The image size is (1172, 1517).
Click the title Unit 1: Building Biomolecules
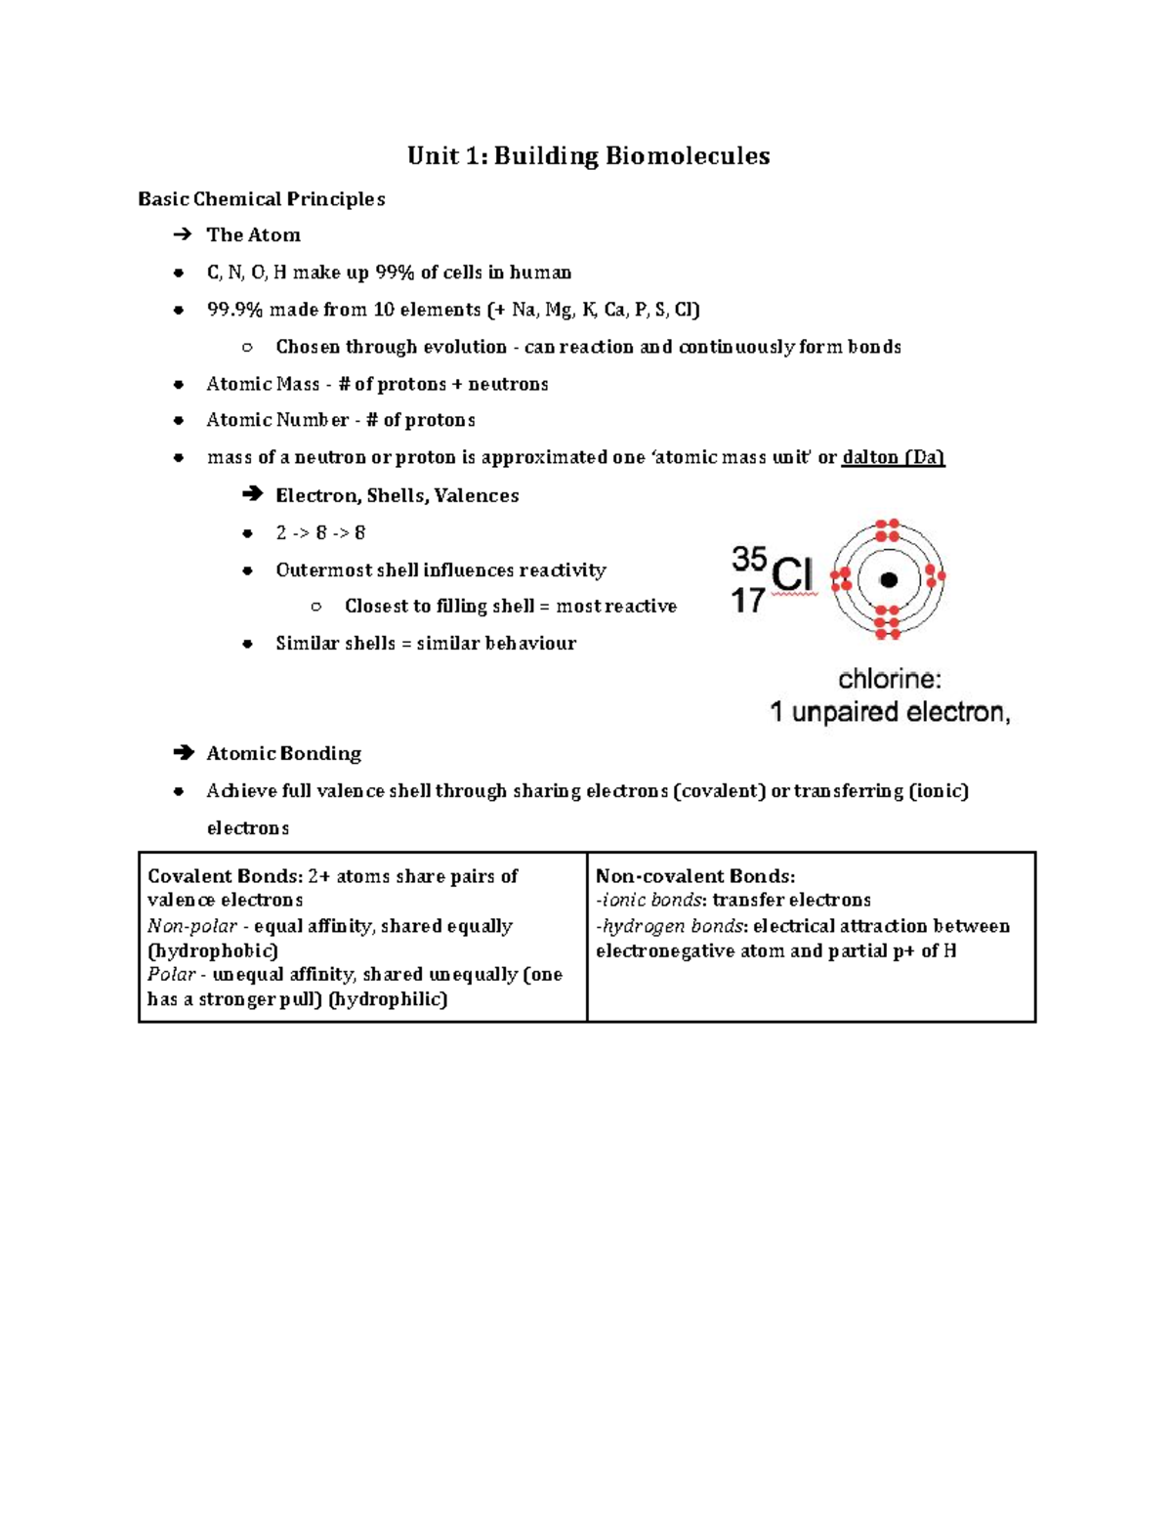pos(588,156)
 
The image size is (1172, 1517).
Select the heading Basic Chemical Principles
pos(261,199)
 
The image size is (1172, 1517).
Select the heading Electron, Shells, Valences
pos(397,495)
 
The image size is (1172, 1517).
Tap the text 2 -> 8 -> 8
pos(320,532)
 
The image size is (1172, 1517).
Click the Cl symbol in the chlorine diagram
pos(792,574)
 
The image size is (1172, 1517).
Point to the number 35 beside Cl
pos(749,559)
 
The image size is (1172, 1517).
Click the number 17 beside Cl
pos(748,600)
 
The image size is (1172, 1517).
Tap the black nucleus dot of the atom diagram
pos(888,580)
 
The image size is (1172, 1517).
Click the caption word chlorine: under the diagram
pos(890,679)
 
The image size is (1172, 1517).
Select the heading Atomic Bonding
pos(283,753)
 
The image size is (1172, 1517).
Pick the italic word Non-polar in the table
pos(191,926)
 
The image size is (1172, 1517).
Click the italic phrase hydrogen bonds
pos(673,926)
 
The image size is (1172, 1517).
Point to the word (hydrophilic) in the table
pos(388,999)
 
